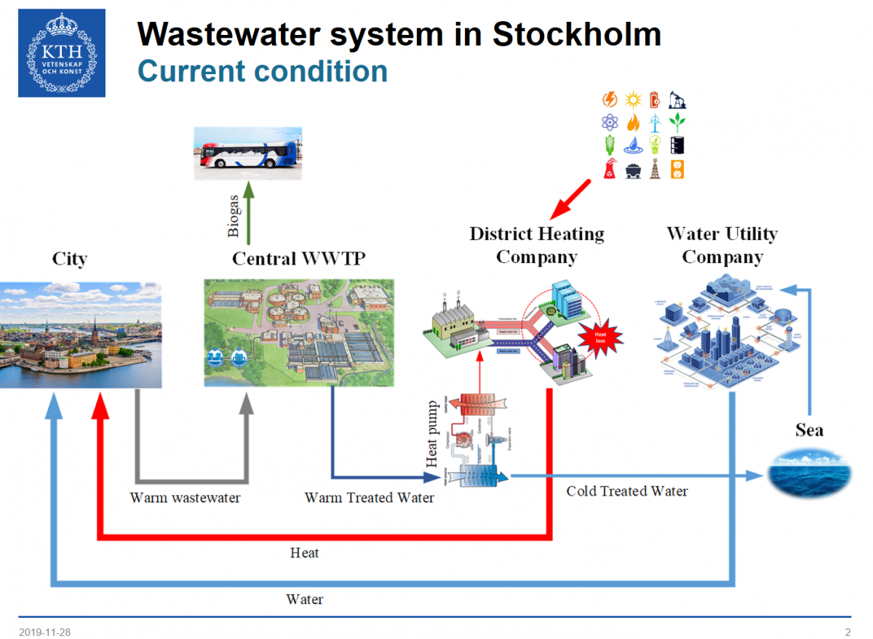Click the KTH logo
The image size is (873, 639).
(x=62, y=52)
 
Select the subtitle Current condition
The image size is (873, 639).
(x=263, y=71)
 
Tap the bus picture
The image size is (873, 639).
(x=247, y=153)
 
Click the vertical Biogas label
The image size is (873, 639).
(x=234, y=215)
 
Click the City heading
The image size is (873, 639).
(x=70, y=259)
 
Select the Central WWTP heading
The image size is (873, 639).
(x=298, y=259)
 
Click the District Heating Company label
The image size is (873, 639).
(x=537, y=245)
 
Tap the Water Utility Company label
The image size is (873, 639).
(x=722, y=245)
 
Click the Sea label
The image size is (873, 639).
(x=809, y=430)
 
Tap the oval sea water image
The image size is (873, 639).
(x=808, y=473)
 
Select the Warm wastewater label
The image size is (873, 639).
(x=185, y=498)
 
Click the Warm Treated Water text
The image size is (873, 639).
(x=369, y=498)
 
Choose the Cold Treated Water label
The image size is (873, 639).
(x=626, y=491)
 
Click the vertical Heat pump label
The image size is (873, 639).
(x=432, y=434)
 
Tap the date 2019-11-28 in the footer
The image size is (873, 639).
(x=45, y=632)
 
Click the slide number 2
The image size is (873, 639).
(x=848, y=632)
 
